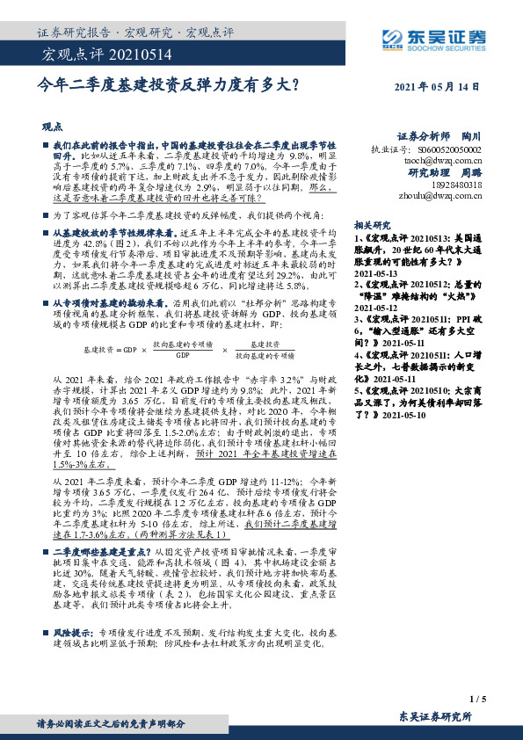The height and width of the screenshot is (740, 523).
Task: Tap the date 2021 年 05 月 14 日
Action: [x=437, y=86]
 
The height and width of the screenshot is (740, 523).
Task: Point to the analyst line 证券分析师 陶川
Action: [x=439, y=136]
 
